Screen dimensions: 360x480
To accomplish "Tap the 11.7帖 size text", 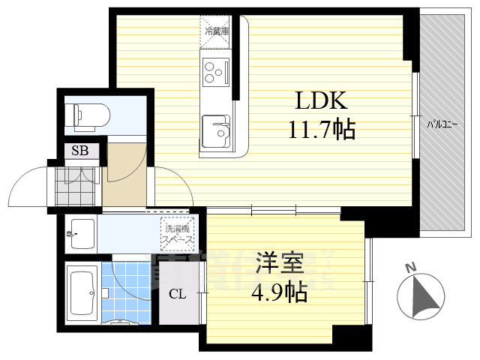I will pos(322,131).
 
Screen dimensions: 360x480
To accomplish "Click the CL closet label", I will pos(177,293).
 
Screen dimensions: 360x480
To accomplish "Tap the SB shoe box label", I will pos(79,151).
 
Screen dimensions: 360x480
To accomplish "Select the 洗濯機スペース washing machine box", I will pos(177,234).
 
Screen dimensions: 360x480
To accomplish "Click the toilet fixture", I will pos(88,115).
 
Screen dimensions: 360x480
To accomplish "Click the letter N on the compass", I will pos(409,267).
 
